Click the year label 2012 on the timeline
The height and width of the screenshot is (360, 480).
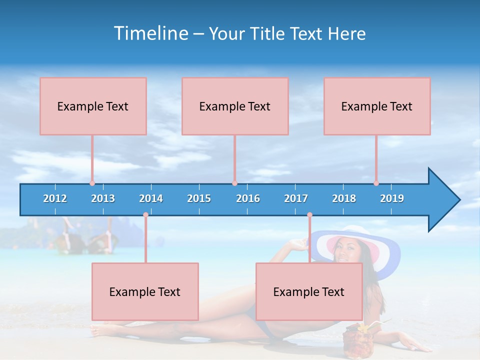click(x=55, y=198)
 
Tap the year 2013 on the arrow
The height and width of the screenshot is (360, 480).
click(x=103, y=198)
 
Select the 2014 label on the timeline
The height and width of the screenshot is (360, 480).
click(x=151, y=198)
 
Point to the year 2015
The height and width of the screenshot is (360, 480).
click(x=199, y=198)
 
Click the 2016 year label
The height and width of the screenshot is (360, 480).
click(x=248, y=198)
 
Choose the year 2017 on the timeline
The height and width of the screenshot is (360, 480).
click(x=296, y=198)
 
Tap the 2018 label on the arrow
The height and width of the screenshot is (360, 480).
click(x=344, y=198)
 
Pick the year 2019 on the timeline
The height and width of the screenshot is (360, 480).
click(x=392, y=198)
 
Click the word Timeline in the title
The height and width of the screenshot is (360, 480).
click(x=151, y=33)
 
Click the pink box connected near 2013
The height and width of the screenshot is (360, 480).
click(x=93, y=106)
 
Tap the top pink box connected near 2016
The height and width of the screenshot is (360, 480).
click(x=235, y=106)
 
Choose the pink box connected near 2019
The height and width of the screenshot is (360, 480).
click(x=377, y=106)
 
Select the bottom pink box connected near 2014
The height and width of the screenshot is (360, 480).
click(x=145, y=291)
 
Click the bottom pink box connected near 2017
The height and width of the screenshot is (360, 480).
click(x=309, y=291)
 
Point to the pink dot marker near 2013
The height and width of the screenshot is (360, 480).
click(x=92, y=183)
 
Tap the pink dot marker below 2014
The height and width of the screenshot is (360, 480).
click(x=145, y=215)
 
